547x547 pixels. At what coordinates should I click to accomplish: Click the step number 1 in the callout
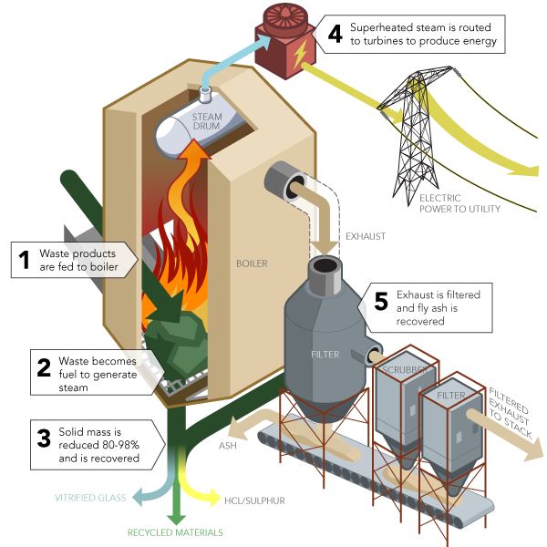tap(25, 259)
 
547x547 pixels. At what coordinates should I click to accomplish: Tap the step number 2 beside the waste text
tap(43, 368)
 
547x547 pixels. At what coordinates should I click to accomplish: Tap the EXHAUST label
tap(365, 236)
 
